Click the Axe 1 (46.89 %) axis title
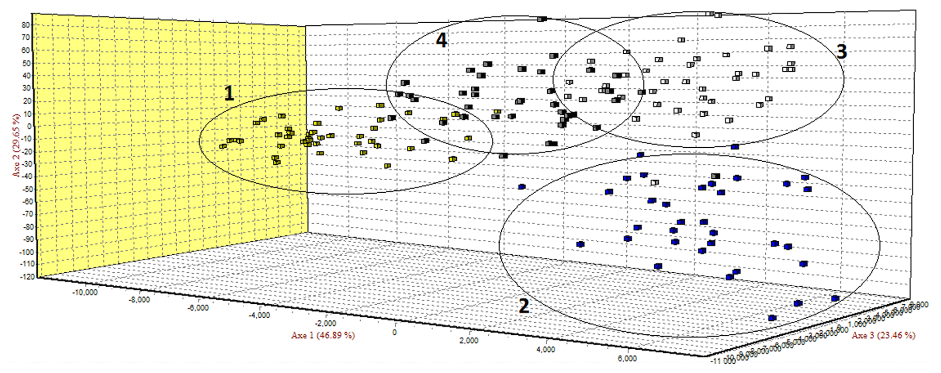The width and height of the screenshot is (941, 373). point(323,335)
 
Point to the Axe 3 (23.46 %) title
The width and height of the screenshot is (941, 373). point(883,335)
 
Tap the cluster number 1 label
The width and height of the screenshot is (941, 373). point(229,94)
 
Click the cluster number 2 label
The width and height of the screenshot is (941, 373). point(523,306)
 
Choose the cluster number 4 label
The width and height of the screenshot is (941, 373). point(441,40)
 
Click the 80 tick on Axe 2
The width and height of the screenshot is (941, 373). point(25,25)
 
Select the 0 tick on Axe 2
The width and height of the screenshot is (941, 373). point(28,126)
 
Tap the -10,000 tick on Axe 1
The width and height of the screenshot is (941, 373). point(85,292)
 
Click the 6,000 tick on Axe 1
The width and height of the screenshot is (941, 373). point(627,359)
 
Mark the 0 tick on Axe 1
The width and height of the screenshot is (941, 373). point(394,332)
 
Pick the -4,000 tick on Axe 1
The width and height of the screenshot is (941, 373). point(259,315)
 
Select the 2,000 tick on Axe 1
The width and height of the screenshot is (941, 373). point(469,340)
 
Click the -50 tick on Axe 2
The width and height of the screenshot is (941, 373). point(25,189)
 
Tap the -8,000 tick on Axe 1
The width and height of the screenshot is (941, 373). point(140,300)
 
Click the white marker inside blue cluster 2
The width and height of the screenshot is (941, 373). point(655,182)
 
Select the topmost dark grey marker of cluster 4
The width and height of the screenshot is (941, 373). point(542,19)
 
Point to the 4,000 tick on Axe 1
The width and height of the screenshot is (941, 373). point(546,349)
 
